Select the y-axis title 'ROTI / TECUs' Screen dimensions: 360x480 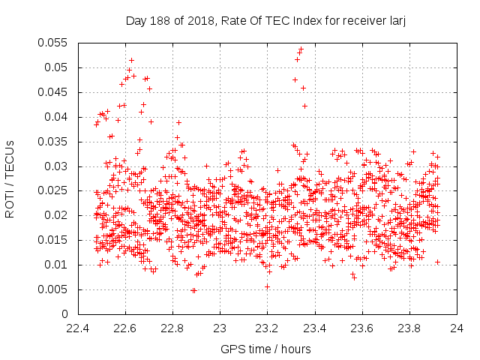pos(10,178)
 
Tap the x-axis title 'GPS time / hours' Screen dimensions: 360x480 pos(267,349)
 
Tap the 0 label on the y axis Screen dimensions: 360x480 pos(64,314)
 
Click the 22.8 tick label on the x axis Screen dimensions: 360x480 pos(172,328)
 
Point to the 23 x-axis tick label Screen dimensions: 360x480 pos(220,328)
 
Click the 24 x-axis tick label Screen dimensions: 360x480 pos(456,328)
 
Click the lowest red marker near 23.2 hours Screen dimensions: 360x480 pos(267,286)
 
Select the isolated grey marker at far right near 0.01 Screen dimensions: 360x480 pos(437,262)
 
